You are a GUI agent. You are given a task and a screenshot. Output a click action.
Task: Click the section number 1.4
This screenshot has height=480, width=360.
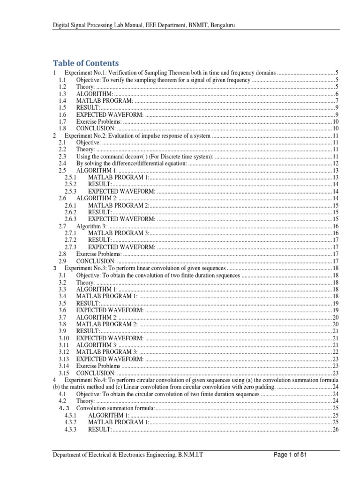click(62, 101)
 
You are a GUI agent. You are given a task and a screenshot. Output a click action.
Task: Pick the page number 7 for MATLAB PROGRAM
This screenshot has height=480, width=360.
click(337, 101)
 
